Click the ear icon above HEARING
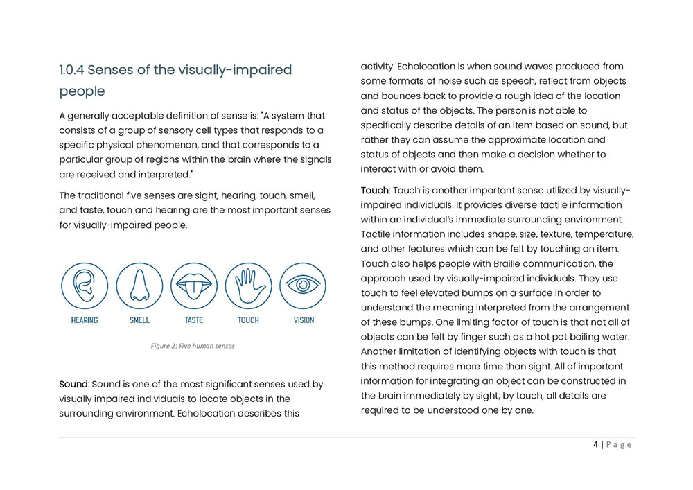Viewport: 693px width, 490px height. coord(85,286)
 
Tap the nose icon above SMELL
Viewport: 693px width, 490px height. coord(139,286)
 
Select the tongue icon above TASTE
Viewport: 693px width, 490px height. coord(194,286)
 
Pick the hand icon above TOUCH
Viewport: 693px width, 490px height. coord(248,286)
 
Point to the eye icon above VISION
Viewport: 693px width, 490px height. coord(303,286)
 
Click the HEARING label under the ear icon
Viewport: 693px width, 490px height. coord(85,320)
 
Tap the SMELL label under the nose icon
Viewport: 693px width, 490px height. coord(139,320)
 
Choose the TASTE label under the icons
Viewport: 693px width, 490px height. coord(194,320)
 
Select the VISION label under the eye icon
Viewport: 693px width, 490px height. coord(304,320)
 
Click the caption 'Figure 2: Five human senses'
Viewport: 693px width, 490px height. coord(193,346)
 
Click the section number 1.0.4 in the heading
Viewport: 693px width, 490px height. coord(71,70)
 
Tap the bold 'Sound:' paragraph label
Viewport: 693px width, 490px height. coord(74,383)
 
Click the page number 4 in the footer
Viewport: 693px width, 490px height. coord(596,445)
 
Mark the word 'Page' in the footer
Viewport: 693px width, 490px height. coord(619,445)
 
